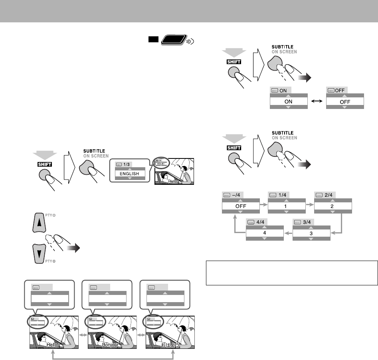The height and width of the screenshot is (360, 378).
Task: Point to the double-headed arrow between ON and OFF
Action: [x=317, y=102]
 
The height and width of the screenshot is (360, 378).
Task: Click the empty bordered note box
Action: [x=292, y=273]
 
